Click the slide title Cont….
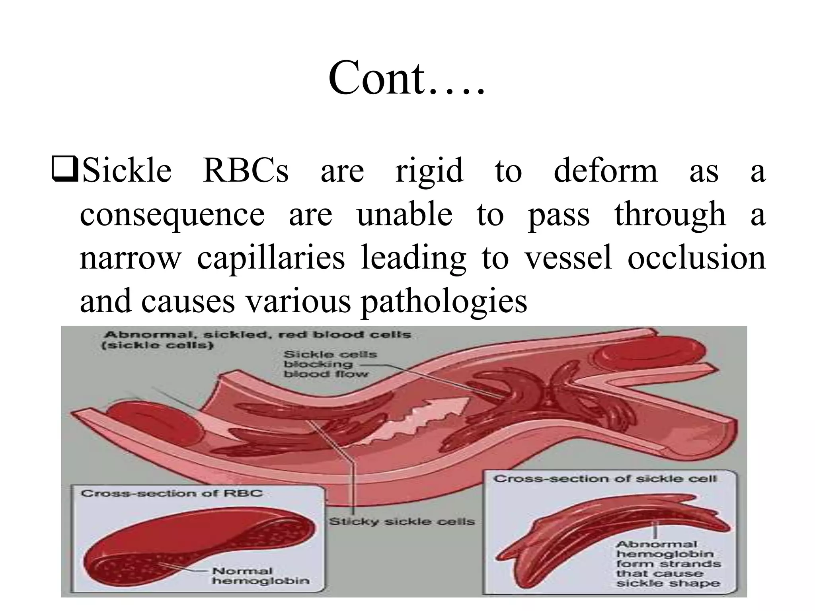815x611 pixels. tap(406, 78)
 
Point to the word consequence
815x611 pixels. tap(172, 215)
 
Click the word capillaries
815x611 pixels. tap(271, 259)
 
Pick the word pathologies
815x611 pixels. tap(444, 302)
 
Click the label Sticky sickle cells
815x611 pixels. tap(402, 521)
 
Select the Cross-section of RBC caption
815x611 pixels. tap(172, 493)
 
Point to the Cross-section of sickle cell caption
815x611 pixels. tap(605, 479)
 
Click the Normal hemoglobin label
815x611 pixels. tap(261, 576)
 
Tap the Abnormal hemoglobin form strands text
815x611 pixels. tap(669, 564)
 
